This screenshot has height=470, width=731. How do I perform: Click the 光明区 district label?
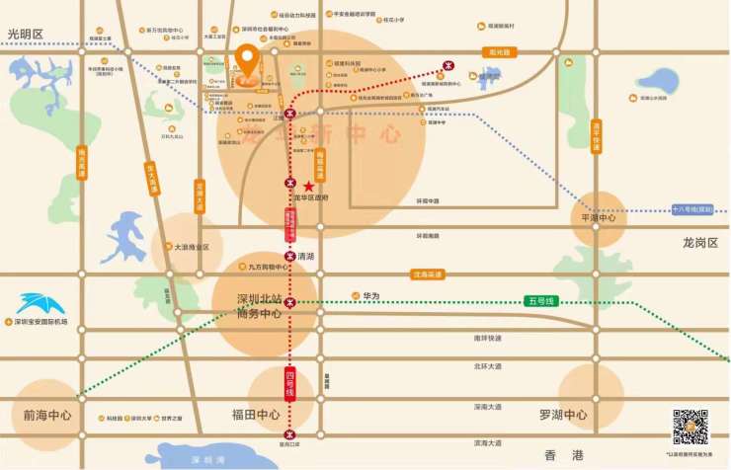(26, 35)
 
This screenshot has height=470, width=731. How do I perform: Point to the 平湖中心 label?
(599, 217)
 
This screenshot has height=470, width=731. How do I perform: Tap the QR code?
(690, 426)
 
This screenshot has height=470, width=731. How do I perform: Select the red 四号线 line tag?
(290, 383)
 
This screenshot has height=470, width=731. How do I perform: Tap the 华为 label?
(371, 294)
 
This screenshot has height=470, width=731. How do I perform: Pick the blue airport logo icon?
(40, 303)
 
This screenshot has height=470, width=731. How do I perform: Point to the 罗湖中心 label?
(563, 415)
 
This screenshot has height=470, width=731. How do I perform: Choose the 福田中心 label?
(255, 415)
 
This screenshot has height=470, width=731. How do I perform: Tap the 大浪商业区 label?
(192, 247)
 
